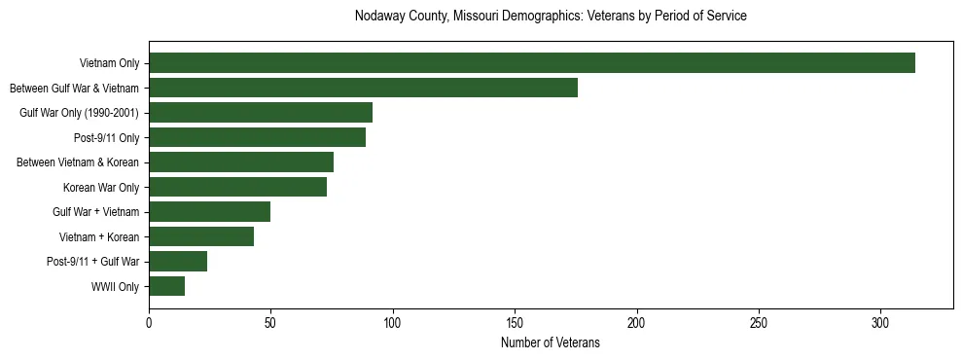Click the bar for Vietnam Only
tap(532, 63)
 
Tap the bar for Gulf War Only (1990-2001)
tap(261, 113)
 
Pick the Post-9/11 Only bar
tap(257, 137)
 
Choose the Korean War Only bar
tap(237, 187)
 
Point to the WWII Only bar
tap(166, 286)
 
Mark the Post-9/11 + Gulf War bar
tap(178, 261)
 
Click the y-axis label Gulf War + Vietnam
tap(95, 212)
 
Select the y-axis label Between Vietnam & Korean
tap(78, 162)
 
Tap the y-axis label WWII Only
tap(115, 287)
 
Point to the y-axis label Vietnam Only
tap(109, 64)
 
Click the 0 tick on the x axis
tap(149, 322)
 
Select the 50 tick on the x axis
tap(270, 322)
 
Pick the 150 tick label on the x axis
tap(515, 322)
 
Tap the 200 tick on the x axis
tap(637, 322)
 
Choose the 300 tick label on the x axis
tap(881, 322)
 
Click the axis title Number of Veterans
tap(550, 342)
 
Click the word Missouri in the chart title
tap(474, 17)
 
